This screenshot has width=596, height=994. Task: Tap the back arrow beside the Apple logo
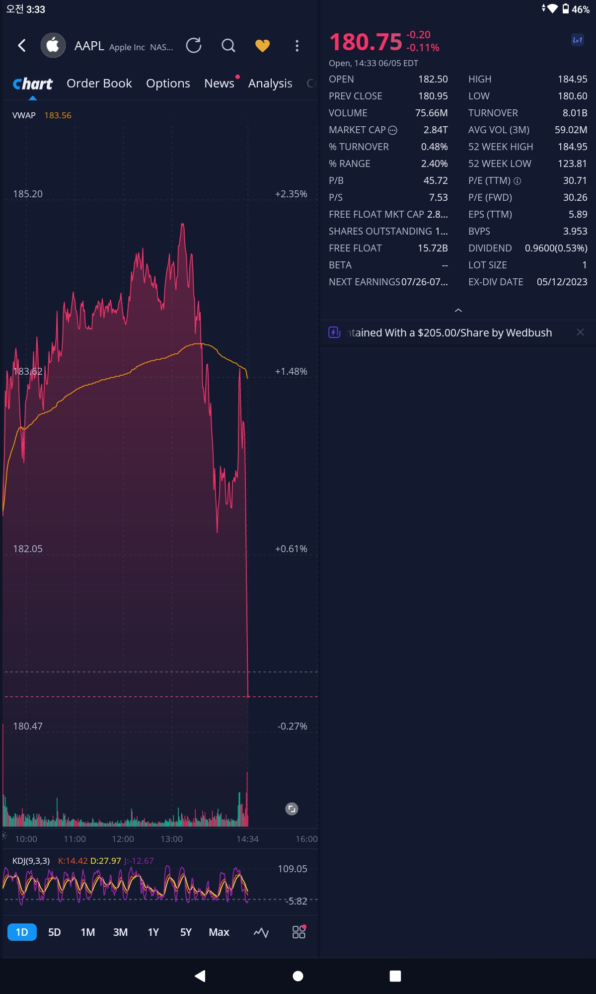22,46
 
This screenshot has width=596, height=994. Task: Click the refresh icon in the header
194,46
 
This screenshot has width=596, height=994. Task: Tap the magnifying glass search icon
228,46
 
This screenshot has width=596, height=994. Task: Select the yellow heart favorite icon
262,46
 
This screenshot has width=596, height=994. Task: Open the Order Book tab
99,83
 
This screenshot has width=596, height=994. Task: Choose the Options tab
168,83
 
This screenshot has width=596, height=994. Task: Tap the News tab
219,83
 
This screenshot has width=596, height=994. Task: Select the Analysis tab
270,83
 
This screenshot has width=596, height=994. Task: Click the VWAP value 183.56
58,115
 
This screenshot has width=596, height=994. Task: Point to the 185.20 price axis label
28,194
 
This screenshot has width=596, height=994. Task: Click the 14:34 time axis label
247,839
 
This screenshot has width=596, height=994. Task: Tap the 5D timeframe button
55,932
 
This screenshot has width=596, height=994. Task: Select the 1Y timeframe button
153,932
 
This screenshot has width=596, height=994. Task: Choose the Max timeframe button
219,932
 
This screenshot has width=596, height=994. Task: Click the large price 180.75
366,42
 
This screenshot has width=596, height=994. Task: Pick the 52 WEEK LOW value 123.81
572,164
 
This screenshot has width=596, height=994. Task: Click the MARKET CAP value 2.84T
436,130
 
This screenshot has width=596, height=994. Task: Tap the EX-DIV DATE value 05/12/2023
562,282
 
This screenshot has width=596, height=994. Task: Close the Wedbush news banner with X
580,332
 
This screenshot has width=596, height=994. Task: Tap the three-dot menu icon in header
297,46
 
